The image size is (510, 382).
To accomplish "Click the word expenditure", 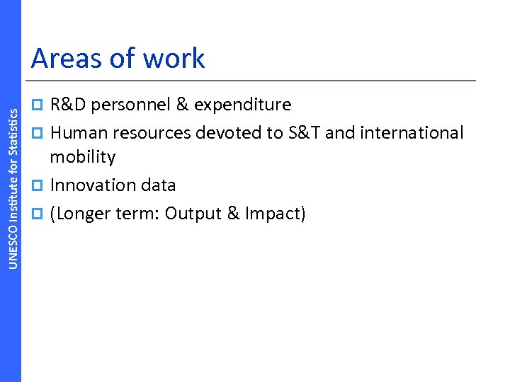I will point(242,105).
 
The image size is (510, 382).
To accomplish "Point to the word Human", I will point(77,132).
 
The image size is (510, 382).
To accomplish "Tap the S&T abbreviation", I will point(302,132).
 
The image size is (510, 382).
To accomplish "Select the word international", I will point(412,132).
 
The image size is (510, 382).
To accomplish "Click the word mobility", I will point(82,157).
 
